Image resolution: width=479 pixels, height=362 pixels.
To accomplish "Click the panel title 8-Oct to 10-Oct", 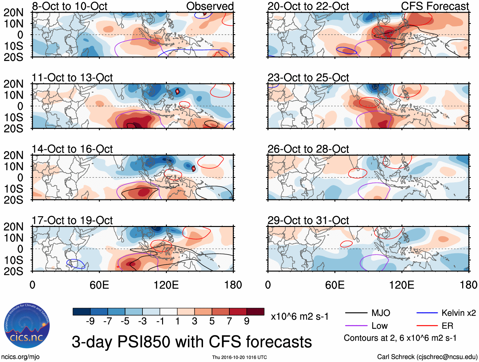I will tap(69, 6).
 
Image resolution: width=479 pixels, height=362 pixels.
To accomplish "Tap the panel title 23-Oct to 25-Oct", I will tap(308, 78).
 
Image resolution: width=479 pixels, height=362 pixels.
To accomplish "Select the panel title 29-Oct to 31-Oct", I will tap(308, 220).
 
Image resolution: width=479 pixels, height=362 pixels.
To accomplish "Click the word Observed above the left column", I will tap(210, 6).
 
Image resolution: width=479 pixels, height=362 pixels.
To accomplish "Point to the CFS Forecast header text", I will tap(435, 6).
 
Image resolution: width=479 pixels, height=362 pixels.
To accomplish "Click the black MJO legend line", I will tap(356, 313).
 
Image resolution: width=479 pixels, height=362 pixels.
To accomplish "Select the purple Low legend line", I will tap(356, 326).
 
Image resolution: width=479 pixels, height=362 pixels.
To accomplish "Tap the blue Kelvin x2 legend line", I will tap(427, 313).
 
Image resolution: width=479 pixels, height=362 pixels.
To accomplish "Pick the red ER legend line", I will tap(427, 326).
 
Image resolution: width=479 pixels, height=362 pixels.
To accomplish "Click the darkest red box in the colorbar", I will tap(255, 312).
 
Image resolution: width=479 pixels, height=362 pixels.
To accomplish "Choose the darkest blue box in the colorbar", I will tap(82, 312).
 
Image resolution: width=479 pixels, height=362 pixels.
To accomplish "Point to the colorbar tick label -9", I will tap(90, 321).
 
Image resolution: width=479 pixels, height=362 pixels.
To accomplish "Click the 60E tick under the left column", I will tap(99, 285).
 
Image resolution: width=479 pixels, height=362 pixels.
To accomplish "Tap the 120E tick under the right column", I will tap(402, 285).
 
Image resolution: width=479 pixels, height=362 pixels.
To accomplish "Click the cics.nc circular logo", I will tap(27, 326).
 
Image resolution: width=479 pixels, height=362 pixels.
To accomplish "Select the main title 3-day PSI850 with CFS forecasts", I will tap(192, 342).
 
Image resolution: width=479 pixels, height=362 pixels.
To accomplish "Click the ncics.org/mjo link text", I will tap(20, 357).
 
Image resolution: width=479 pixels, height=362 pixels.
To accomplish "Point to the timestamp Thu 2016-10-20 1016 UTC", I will tap(239, 357).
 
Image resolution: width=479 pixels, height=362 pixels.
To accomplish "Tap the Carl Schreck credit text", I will tap(427, 357).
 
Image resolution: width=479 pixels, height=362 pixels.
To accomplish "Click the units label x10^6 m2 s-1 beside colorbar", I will tap(299, 317).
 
